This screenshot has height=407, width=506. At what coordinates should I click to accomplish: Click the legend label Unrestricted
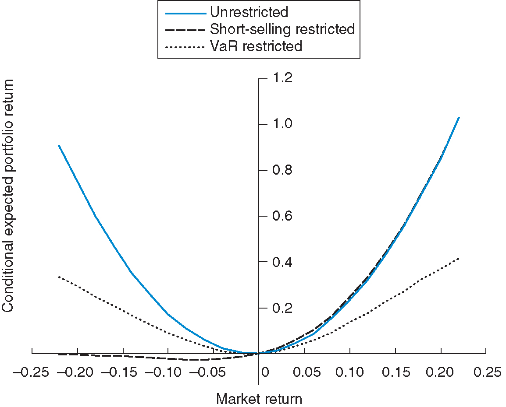pos(249,12)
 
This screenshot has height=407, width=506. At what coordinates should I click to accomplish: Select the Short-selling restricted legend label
pos(282,29)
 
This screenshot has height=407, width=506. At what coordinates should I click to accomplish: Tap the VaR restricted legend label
pos(256,46)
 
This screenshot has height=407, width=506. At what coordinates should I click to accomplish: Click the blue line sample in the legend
pos(185,13)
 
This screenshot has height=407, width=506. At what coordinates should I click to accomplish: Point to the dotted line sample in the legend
pos(185,46)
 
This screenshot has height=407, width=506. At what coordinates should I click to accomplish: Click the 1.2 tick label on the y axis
pos(282,78)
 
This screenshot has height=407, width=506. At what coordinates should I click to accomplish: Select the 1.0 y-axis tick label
pos(282,124)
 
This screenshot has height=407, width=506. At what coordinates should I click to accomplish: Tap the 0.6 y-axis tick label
pos(282,216)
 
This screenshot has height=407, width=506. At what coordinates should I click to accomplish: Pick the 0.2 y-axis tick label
pos(282,308)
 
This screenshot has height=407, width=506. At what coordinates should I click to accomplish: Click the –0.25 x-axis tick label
pos(30,372)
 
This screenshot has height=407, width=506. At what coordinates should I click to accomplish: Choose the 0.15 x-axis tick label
pos(396,372)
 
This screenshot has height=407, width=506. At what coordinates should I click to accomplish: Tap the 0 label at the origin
pos(264,372)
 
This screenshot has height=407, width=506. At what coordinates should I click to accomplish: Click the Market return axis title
pos(259,399)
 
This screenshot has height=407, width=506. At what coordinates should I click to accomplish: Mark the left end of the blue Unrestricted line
pos(59,145)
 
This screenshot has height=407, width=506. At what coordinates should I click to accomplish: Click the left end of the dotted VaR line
pos(59,277)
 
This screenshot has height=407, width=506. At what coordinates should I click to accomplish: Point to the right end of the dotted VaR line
pos(459,258)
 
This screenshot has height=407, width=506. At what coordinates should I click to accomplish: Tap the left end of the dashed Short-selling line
pos(59,354)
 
